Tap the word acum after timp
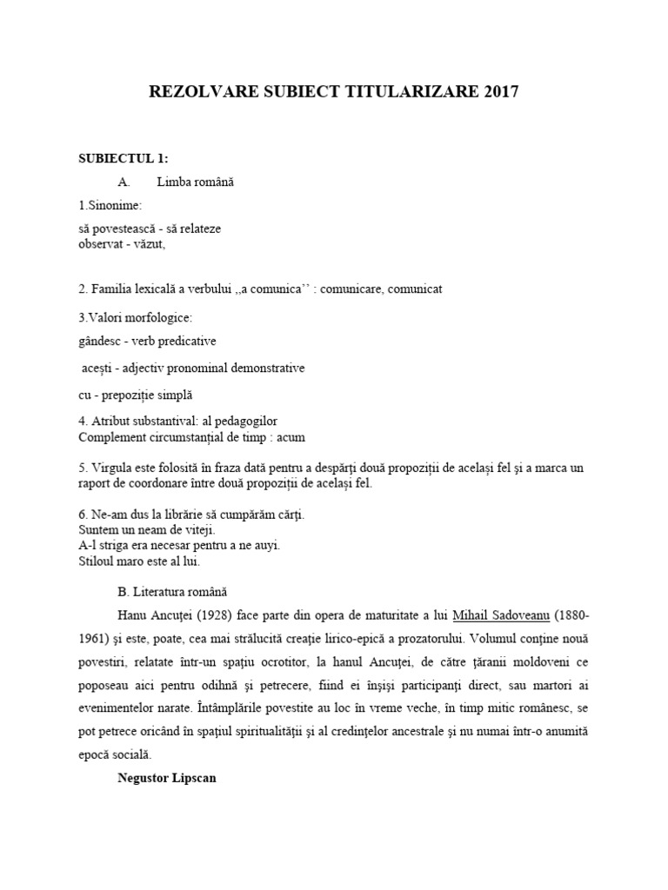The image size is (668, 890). [290, 436]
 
